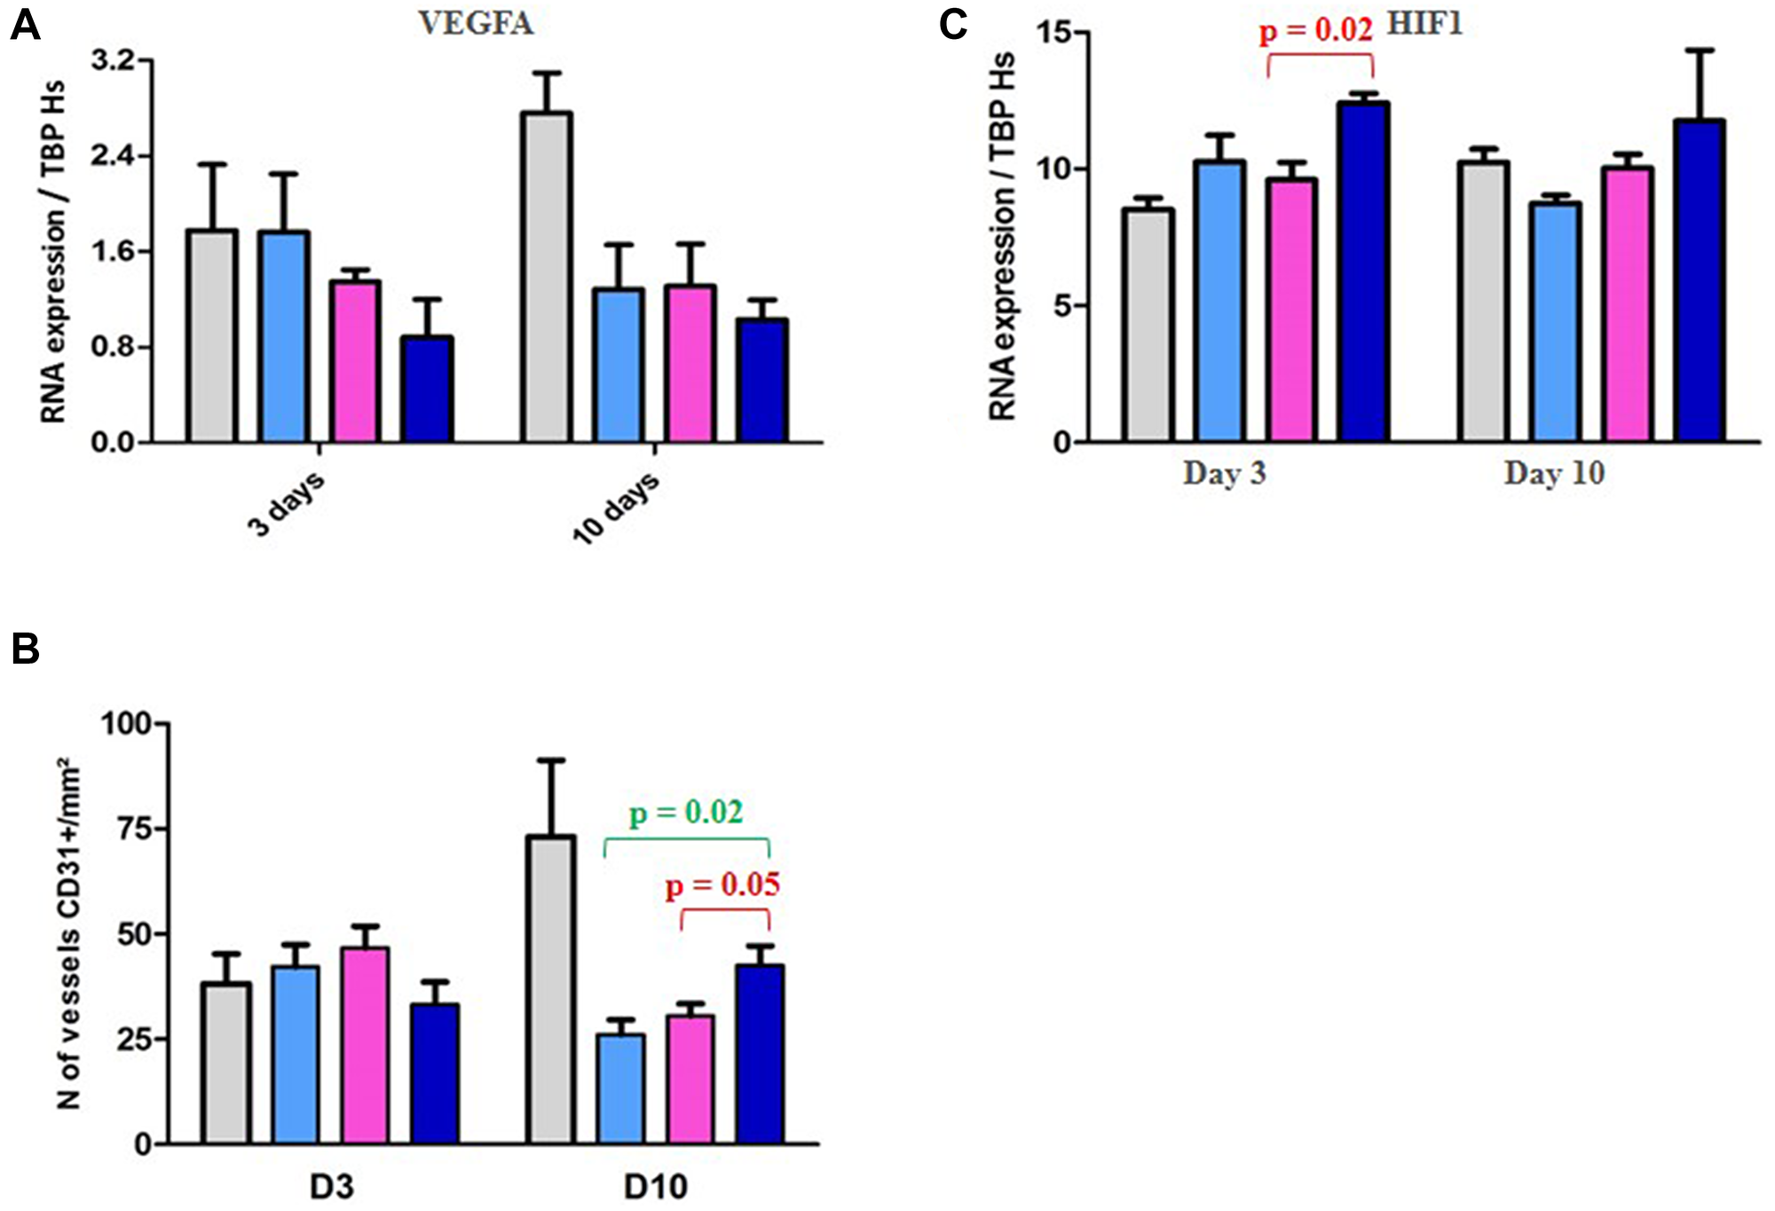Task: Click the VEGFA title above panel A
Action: point(476,23)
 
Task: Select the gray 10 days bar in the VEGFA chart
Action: point(548,277)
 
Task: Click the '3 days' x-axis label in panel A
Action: point(286,504)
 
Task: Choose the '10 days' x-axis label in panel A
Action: point(615,507)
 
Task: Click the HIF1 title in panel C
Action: point(1424,23)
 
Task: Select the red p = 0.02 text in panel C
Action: point(1315,31)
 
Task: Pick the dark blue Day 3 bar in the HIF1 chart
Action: point(1364,271)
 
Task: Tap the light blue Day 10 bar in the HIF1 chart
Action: point(1556,322)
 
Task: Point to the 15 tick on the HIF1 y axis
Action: point(1053,33)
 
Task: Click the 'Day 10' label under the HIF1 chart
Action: point(1554,473)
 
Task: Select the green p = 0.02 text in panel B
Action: point(686,813)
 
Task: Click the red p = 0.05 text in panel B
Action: point(722,885)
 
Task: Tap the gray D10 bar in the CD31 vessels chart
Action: point(550,989)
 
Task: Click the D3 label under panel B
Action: point(331,1186)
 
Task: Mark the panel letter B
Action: point(26,649)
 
